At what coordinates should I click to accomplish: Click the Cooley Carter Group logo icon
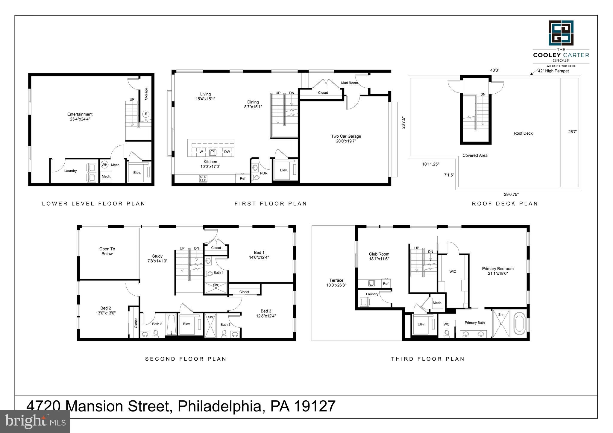[561, 33]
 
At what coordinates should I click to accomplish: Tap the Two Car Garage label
[346, 139]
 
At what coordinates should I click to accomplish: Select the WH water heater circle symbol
[104, 165]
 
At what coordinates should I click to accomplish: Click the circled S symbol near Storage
[146, 114]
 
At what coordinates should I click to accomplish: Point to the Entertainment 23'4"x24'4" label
[80, 116]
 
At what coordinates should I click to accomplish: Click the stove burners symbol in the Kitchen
[203, 179]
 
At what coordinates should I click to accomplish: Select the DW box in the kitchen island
[227, 152]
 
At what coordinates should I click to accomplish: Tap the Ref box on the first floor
[242, 179]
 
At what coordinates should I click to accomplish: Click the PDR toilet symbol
[256, 178]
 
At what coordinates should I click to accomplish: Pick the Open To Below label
[107, 251]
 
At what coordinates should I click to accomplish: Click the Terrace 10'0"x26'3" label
[336, 283]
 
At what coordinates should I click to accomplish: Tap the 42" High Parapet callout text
[553, 71]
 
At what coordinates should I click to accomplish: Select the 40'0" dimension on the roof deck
[494, 70]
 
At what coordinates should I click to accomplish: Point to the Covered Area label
[475, 155]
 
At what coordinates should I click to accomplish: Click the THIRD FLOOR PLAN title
[428, 359]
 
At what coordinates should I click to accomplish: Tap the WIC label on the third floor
[453, 271]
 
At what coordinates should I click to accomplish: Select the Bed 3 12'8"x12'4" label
[266, 313]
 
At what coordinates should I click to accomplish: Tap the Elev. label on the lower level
[137, 173]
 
